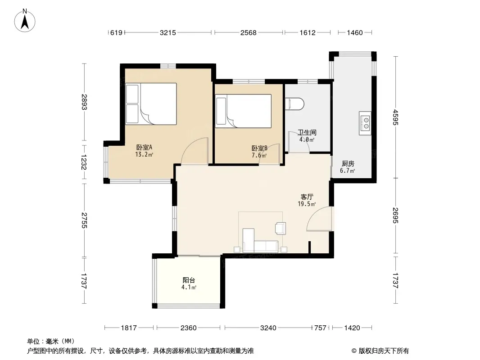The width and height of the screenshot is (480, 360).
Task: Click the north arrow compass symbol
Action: [25, 20]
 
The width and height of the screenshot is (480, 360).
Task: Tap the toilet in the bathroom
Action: [294, 103]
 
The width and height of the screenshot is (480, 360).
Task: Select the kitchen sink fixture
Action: [365, 123]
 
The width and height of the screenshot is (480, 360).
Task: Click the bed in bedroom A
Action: [151, 103]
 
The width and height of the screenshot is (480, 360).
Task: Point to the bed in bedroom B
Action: [243, 111]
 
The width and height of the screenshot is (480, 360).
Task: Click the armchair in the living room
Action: [281, 228]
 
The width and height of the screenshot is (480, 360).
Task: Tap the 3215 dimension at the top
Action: [168, 32]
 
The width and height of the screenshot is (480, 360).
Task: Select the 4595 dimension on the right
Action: [395, 117]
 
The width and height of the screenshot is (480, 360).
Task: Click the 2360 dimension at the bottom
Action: [188, 328]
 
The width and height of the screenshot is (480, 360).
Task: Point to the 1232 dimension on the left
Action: [84, 162]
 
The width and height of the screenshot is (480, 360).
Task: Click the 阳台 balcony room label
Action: [189, 280]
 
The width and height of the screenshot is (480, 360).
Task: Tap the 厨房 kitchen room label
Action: [348, 164]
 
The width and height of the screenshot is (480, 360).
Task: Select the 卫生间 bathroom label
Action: [307, 132]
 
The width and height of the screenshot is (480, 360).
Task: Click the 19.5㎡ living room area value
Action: [307, 204]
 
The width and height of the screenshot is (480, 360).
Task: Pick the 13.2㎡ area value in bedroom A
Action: [144, 154]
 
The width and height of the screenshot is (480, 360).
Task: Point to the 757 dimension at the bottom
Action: [320, 328]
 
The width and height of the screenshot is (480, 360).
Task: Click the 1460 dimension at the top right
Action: [355, 32]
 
